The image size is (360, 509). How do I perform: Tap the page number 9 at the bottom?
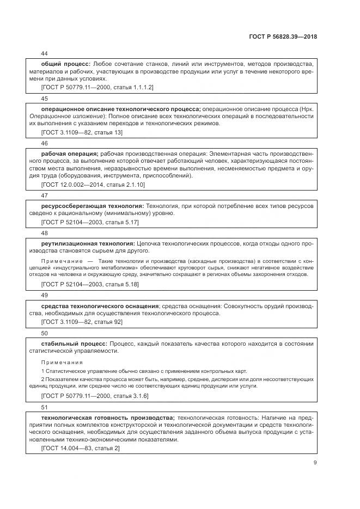tap(315, 463)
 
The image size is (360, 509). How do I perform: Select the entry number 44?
tap(45, 54)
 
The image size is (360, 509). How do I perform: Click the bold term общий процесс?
tap(65, 64)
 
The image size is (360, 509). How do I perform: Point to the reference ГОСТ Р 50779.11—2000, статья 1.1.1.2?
tap(97, 87)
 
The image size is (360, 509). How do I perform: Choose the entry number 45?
tap(45, 99)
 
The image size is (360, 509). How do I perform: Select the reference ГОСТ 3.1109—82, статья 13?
tap(82, 132)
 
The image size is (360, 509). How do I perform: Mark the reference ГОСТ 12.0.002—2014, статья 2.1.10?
tap(93, 185)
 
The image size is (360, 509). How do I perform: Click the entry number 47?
tap(45, 195)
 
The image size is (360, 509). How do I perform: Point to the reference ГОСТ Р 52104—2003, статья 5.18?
tap(90, 284)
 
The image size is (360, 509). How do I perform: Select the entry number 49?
tap(45, 295)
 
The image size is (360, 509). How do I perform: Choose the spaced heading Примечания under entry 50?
tap(62, 362)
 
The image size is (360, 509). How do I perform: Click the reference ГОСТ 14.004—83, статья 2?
tap(80, 448)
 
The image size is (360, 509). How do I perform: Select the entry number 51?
tap(45, 406)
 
